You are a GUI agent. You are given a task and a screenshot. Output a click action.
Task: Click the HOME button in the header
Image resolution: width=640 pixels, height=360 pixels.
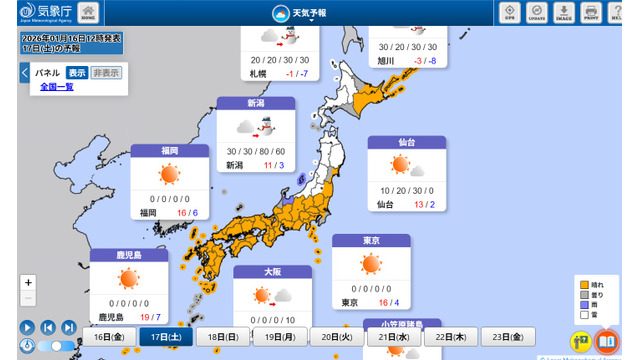click(88, 13)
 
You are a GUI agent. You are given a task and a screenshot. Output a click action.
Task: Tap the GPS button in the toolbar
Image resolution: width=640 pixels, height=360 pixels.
click(510, 13)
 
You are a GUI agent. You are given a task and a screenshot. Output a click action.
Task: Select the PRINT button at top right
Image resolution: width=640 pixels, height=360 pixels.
click(590, 13)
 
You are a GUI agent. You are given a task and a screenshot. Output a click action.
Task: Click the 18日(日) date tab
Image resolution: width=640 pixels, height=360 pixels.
click(224, 337)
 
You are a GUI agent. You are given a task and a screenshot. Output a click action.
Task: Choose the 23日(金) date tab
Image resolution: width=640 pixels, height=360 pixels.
click(509, 337)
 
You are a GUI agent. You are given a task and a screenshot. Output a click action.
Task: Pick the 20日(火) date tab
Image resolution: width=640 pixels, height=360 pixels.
click(338, 337)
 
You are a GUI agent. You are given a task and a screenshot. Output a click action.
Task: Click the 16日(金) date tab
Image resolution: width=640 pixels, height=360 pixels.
click(110, 337)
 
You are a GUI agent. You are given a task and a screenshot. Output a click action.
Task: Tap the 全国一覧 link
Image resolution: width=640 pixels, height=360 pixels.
click(57, 87)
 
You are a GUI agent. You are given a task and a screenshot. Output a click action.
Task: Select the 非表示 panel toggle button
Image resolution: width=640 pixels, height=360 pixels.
click(106, 73)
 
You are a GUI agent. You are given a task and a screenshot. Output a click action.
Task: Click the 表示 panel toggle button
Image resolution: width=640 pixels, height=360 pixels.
click(77, 73)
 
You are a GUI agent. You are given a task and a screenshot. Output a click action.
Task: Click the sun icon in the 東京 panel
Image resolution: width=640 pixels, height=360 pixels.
click(371, 265)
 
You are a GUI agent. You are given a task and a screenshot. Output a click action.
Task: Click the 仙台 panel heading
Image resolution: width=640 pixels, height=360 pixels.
click(405, 143)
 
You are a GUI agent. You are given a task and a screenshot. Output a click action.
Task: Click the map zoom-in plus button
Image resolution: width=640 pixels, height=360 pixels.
click(28, 283)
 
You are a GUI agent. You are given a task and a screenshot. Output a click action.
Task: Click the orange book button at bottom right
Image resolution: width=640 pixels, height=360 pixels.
click(606, 342)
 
